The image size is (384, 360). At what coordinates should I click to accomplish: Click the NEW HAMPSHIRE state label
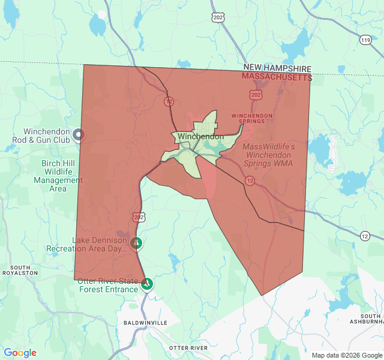(277, 69)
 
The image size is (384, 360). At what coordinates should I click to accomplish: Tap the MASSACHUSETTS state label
(277, 77)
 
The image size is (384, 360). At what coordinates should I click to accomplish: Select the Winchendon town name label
(200, 136)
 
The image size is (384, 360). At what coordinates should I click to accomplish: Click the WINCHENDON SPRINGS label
(252, 118)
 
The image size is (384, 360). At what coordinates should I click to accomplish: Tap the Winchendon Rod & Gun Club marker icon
(78, 135)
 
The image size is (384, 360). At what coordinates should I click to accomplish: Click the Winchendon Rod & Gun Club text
(47, 136)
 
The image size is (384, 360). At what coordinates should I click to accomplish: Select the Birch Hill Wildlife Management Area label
(58, 176)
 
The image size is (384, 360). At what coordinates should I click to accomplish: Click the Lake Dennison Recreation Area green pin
(136, 243)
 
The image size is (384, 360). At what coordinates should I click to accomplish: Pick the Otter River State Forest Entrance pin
(147, 284)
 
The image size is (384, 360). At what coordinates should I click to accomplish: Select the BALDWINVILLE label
(145, 323)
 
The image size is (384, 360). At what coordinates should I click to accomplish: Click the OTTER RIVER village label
(188, 348)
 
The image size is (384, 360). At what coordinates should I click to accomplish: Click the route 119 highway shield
(365, 40)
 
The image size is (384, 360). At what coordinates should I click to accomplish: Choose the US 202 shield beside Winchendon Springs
(256, 95)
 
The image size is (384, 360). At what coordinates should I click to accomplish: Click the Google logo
(20, 353)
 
